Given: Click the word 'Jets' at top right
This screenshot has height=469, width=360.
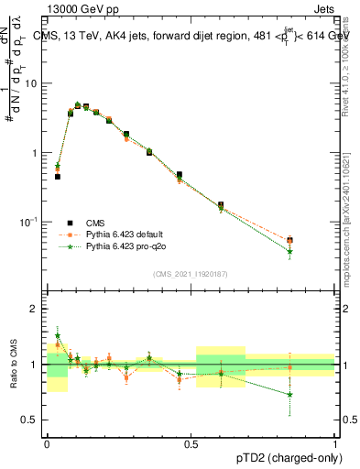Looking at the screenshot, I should click(x=323, y=8).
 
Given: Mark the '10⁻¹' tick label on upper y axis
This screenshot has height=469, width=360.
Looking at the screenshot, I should click(x=29, y=222).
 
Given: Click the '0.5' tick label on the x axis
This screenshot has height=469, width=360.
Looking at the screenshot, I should click(x=191, y=441).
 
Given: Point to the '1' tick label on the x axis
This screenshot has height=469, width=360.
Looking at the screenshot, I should click(x=336, y=441).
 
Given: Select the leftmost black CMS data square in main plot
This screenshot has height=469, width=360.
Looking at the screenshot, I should click(x=57, y=177).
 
